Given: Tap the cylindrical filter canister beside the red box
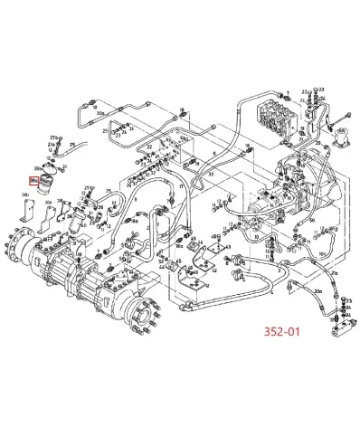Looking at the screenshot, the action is tap(51, 188).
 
